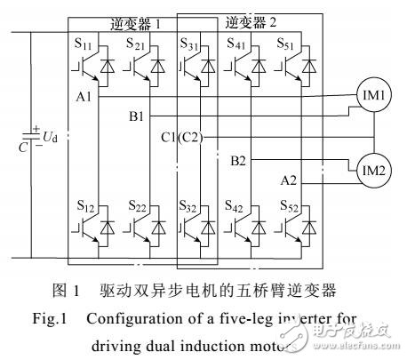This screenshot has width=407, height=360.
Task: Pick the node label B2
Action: pyautogui.click(x=240, y=161)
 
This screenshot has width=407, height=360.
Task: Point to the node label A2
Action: pyautogui.click(x=289, y=181)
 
